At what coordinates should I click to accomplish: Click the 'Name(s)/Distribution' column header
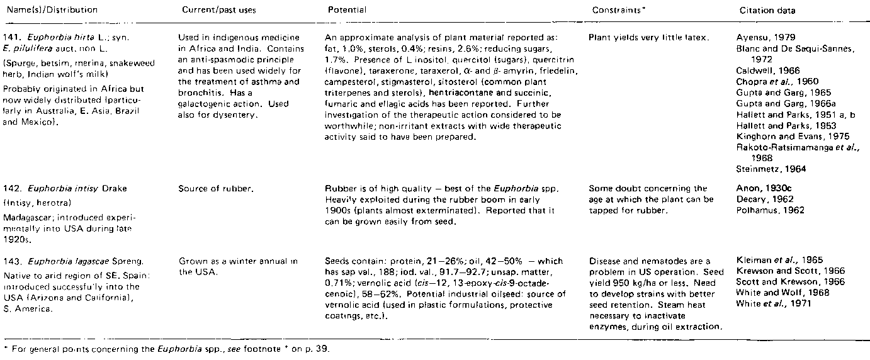(x=49, y=10)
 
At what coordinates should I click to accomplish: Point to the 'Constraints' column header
(x=618, y=10)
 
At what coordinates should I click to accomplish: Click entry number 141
(x=12, y=37)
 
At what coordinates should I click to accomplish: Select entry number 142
(x=12, y=188)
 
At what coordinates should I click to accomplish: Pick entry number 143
(x=12, y=260)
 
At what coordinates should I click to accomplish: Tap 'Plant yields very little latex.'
(x=648, y=38)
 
